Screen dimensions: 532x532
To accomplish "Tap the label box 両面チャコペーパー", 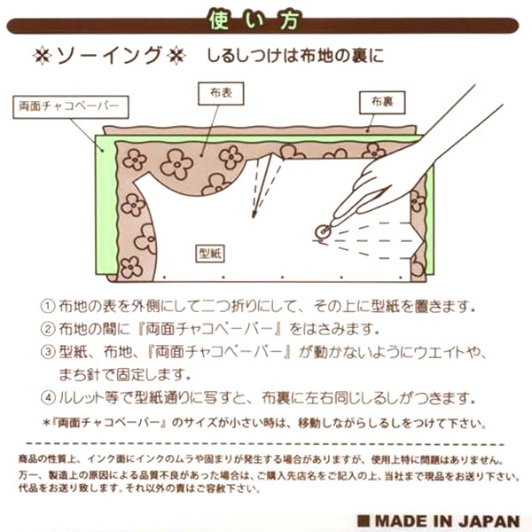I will [x=67, y=106].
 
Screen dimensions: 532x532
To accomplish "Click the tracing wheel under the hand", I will [x=320, y=231].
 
